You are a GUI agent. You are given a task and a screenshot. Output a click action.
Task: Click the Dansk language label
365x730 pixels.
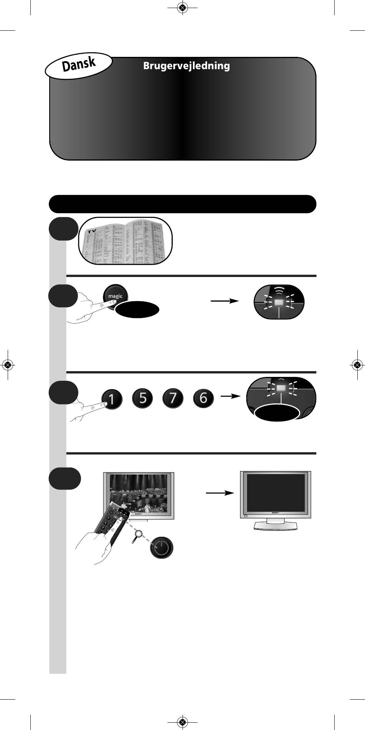[x=79, y=64]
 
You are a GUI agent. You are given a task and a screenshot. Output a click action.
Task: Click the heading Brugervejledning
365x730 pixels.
[x=186, y=66]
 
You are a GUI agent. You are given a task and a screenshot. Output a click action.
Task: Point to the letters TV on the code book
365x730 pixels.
[x=91, y=231]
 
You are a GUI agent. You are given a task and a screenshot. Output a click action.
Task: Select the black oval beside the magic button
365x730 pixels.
[x=137, y=310]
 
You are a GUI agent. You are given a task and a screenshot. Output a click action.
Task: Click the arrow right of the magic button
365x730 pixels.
[x=224, y=301]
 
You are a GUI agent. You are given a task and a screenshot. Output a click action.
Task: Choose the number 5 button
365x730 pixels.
[x=143, y=398]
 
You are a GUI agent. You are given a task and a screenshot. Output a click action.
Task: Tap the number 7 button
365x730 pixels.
[x=173, y=398]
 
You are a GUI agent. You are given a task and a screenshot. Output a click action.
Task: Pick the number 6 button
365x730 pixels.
[x=203, y=398]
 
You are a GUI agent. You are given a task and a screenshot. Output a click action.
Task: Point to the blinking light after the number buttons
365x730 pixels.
[x=281, y=388]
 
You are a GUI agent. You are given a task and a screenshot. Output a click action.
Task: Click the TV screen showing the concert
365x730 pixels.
[x=139, y=493]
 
